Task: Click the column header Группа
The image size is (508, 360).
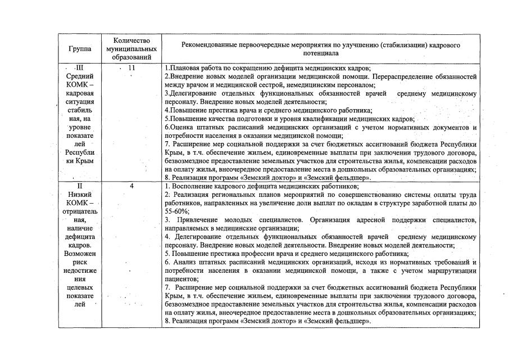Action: tap(81, 49)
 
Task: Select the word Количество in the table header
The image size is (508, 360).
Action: tap(132, 41)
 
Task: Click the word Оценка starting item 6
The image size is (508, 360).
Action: tap(181, 128)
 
